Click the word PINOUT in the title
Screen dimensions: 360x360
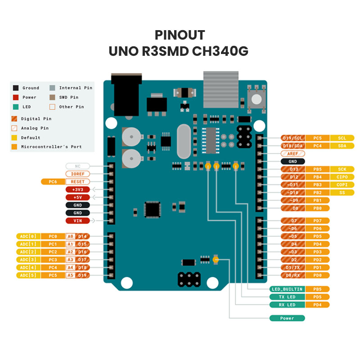[180, 35]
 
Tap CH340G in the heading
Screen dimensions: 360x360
[220, 51]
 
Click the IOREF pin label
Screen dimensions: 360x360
[78, 174]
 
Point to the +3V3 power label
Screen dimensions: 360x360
[78, 189]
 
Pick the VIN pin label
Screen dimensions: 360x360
[78, 220]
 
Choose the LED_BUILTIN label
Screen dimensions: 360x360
[287, 289]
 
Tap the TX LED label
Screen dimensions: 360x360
[287, 297]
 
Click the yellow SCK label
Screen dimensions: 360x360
[342, 169]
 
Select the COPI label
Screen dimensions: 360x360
[342, 184]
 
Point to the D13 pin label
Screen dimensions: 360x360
[293, 169]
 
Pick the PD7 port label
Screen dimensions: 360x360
[318, 220]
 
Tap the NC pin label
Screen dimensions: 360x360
[78, 166]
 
